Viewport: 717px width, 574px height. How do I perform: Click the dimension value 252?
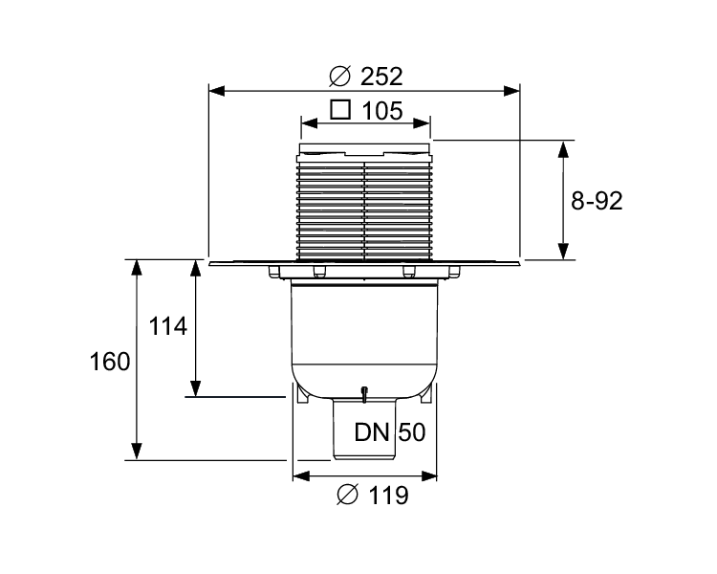[380, 75]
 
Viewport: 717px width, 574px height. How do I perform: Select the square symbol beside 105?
[340, 109]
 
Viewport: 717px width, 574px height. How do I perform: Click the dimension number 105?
[381, 110]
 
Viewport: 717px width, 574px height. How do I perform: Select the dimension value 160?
[109, 363]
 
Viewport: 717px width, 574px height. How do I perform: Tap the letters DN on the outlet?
[374, 432]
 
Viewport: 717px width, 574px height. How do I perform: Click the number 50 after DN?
[411, 432]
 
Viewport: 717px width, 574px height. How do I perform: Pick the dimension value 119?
[387, 496]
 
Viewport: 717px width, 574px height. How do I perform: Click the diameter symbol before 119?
[349, 496]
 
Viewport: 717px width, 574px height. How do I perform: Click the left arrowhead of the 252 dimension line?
[215, 91]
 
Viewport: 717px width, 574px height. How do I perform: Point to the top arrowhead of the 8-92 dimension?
[565, 146]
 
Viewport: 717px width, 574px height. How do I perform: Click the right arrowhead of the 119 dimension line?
[431, 475]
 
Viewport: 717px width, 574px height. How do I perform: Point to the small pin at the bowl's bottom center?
[364, 393]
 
